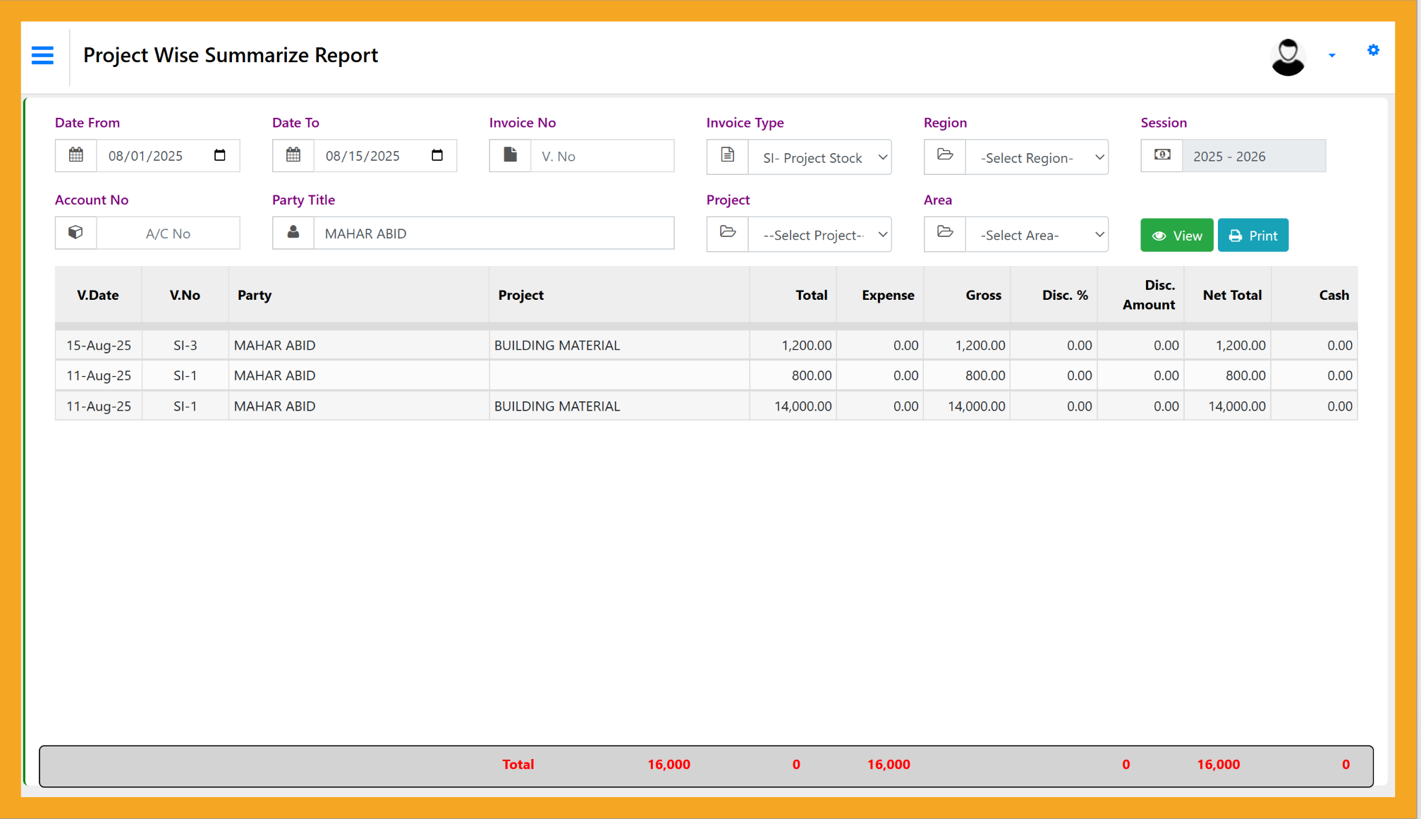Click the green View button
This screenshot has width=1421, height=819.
point(1176,236)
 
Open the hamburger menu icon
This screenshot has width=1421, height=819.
point(42,55)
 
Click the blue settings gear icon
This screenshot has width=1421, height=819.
point(1372,50)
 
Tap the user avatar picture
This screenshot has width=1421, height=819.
point(1288,56)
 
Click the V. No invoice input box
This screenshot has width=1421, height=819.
point(602,156)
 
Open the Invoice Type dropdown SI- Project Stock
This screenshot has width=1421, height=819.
point(819,157)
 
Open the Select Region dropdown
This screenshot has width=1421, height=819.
point(1037,157)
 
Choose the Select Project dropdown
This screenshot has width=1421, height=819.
point(819,235)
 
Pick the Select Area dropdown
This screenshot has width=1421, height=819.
point(1037,235)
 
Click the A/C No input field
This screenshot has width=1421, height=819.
point(168,233)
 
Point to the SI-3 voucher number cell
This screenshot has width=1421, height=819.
point(185,346)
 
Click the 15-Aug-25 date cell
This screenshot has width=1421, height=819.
point(99,346)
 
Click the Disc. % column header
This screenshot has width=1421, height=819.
point(1064,296)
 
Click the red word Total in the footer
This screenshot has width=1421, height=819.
point(518,765)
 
